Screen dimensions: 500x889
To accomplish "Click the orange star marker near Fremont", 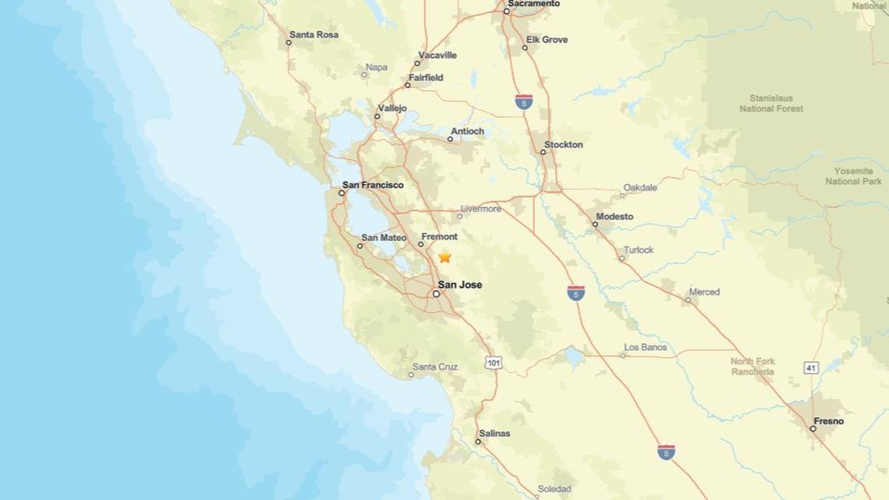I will point(444,257).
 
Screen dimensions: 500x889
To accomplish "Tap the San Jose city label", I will point(459,285).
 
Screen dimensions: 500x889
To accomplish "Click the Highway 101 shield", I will point(493,363).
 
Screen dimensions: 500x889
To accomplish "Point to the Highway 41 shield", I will point(812,367).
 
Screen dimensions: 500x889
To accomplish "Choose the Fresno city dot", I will point(813,428).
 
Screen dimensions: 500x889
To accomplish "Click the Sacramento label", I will point(533,4).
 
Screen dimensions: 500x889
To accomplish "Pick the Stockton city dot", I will point(544,151).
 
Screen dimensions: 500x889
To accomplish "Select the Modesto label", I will point(615,216).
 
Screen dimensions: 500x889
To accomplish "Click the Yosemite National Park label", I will point(853,176).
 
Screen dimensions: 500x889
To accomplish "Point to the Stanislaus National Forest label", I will point(771,104).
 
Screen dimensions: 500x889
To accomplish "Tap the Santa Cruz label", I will point(435,367).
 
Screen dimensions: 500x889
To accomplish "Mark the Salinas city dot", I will point(478,441).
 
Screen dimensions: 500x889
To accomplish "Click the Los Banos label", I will point(645,347).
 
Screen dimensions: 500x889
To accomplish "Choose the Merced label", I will point(703,292).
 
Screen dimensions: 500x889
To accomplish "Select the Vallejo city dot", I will point(377,116).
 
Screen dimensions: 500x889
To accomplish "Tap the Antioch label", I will point(468,131).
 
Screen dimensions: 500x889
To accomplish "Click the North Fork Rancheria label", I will point(753,367).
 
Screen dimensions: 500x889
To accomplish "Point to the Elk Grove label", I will point(547,40).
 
